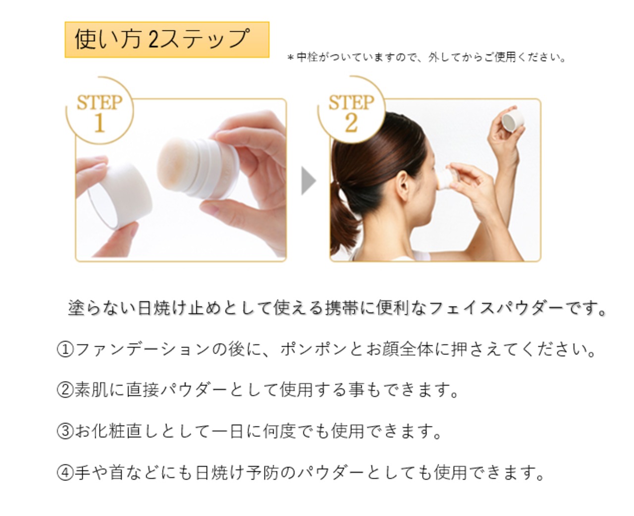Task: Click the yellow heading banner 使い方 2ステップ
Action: tap(167, 40)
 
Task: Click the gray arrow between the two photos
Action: tap(309, 181)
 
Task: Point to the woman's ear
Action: tap(403, 186)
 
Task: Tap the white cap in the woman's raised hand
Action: tap(513, 120)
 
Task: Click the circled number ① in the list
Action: tap(65, 349)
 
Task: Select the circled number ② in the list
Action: tap(65, 390)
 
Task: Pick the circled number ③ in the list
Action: tap(65, 431)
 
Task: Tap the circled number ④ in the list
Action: tap(65, 472)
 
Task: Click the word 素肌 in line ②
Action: tap(91, 390)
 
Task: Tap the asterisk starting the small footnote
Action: tap(291, 57)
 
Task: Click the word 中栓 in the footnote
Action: tap(307, 57)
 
